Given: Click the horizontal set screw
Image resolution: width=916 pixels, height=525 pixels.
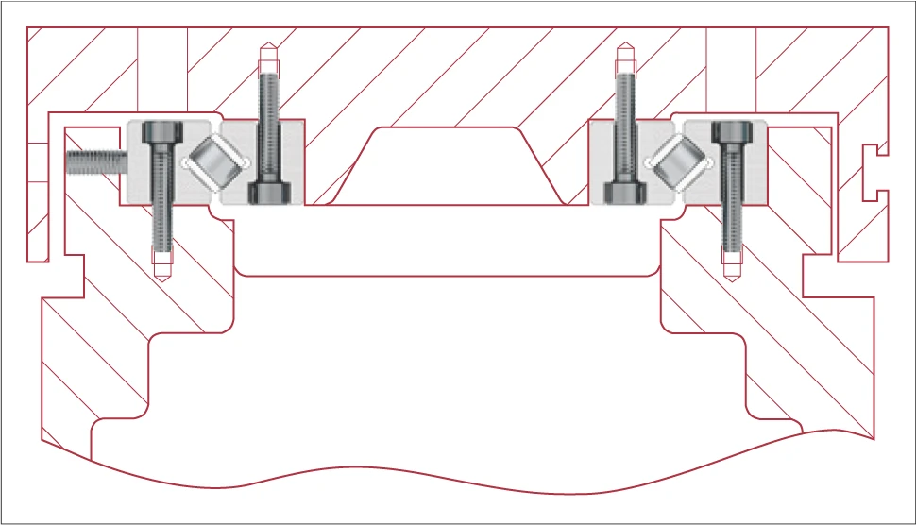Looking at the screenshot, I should coord(94,162).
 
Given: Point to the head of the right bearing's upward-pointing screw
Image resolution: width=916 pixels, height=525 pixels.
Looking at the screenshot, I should coord(623,193).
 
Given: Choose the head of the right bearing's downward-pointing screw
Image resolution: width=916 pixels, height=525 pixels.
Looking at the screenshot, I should coord(731,133).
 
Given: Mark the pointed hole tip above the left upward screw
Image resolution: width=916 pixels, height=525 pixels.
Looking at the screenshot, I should coord(267,49).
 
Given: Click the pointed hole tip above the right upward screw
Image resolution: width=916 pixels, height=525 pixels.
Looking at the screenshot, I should coord(623,49).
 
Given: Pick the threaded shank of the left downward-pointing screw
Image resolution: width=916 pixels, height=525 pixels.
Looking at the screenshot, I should coord(161,203).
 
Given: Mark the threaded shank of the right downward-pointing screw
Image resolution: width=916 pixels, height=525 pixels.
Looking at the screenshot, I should coord(730,203).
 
